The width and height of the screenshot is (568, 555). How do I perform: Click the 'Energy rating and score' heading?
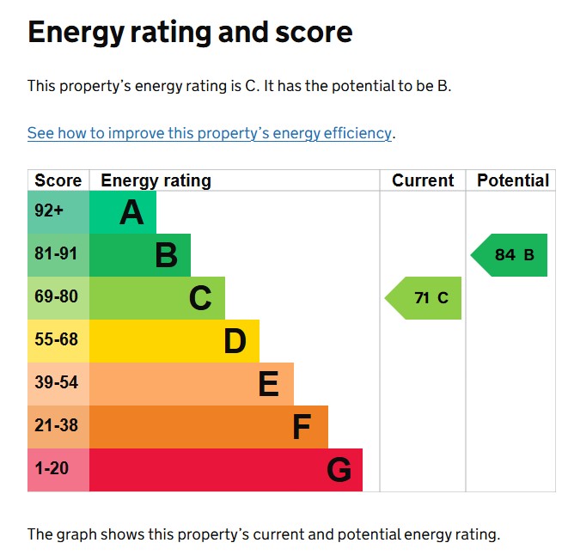point(190,33)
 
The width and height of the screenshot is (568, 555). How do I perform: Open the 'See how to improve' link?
point(210,133)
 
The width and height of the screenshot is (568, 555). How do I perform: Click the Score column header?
point(58,180)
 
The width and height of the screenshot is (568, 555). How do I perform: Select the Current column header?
point(423,180)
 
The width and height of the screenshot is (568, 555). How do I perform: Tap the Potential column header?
point(512,180)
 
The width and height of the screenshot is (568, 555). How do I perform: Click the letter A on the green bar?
point(131,212)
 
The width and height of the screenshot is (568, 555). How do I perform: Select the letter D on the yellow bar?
point(235,341)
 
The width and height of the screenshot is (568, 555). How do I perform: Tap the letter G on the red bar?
point(339,470)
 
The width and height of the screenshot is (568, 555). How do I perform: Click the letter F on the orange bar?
point(301,427)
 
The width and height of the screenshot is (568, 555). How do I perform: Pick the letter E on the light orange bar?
point(269,384)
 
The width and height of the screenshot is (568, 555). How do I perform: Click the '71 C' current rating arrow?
point(425,298)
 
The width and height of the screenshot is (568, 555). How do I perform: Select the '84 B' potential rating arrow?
point(510,255)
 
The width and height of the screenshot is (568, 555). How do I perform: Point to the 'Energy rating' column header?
point(156,180)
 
